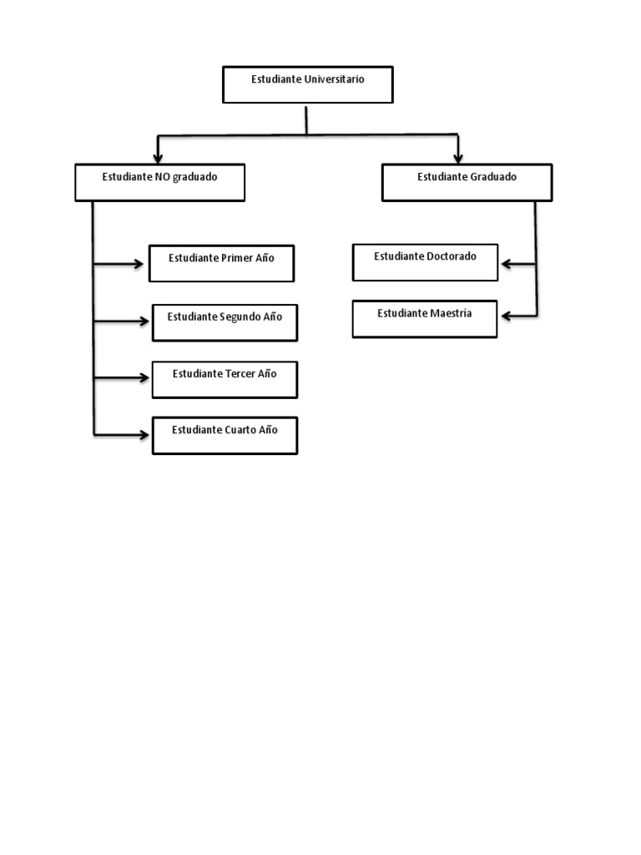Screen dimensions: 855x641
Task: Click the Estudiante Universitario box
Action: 307,84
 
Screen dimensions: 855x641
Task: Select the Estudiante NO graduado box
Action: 159,182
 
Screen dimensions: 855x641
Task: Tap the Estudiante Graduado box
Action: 467,182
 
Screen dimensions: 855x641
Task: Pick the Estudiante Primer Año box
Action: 221,263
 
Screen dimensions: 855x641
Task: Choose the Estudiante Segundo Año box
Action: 225,322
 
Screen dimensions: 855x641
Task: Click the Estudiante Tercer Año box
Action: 225,379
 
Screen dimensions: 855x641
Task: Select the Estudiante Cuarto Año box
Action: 225,435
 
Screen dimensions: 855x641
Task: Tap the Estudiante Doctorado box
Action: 425,261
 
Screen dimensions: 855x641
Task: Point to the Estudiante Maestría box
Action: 424,318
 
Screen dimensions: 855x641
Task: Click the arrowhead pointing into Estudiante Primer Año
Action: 139,265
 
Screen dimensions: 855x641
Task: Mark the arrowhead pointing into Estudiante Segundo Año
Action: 142,321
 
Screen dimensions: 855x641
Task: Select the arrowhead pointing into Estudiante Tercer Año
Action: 142,378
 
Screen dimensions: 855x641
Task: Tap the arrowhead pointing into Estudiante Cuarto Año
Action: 142,434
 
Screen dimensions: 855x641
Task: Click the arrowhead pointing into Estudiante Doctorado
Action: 507,265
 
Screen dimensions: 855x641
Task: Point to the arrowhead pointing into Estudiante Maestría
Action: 507,316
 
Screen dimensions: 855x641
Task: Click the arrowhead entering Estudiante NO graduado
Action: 158,157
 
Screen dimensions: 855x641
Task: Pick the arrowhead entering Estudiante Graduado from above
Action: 458,157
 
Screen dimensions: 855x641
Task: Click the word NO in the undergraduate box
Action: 162,177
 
